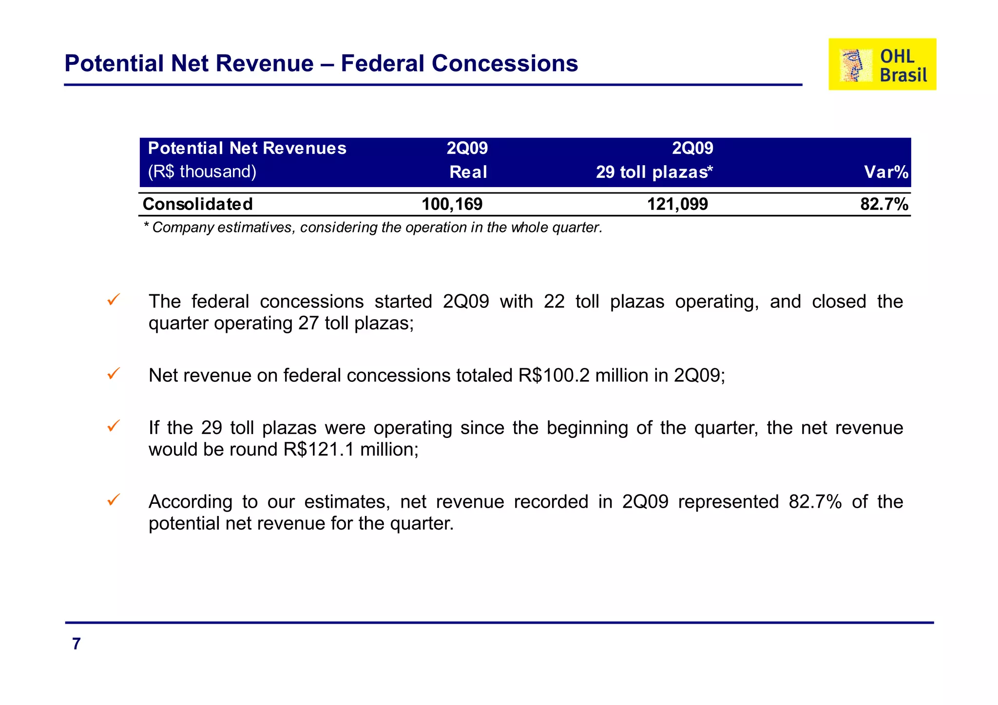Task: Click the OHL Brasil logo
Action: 882,64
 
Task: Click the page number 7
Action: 76,644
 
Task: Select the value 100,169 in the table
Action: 452,204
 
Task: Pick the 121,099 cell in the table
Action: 677,204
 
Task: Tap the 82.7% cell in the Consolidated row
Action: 883,204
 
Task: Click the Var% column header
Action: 885,172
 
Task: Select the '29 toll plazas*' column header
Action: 654,172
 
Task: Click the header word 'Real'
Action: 468,172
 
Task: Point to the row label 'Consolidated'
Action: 197,204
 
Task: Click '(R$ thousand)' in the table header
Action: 202,171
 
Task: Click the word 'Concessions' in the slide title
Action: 504,64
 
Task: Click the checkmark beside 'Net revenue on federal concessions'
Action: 113,374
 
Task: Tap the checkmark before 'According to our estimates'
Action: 113,500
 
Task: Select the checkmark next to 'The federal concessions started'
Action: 113,300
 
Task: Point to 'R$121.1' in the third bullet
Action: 319,449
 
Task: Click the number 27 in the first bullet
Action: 308,324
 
